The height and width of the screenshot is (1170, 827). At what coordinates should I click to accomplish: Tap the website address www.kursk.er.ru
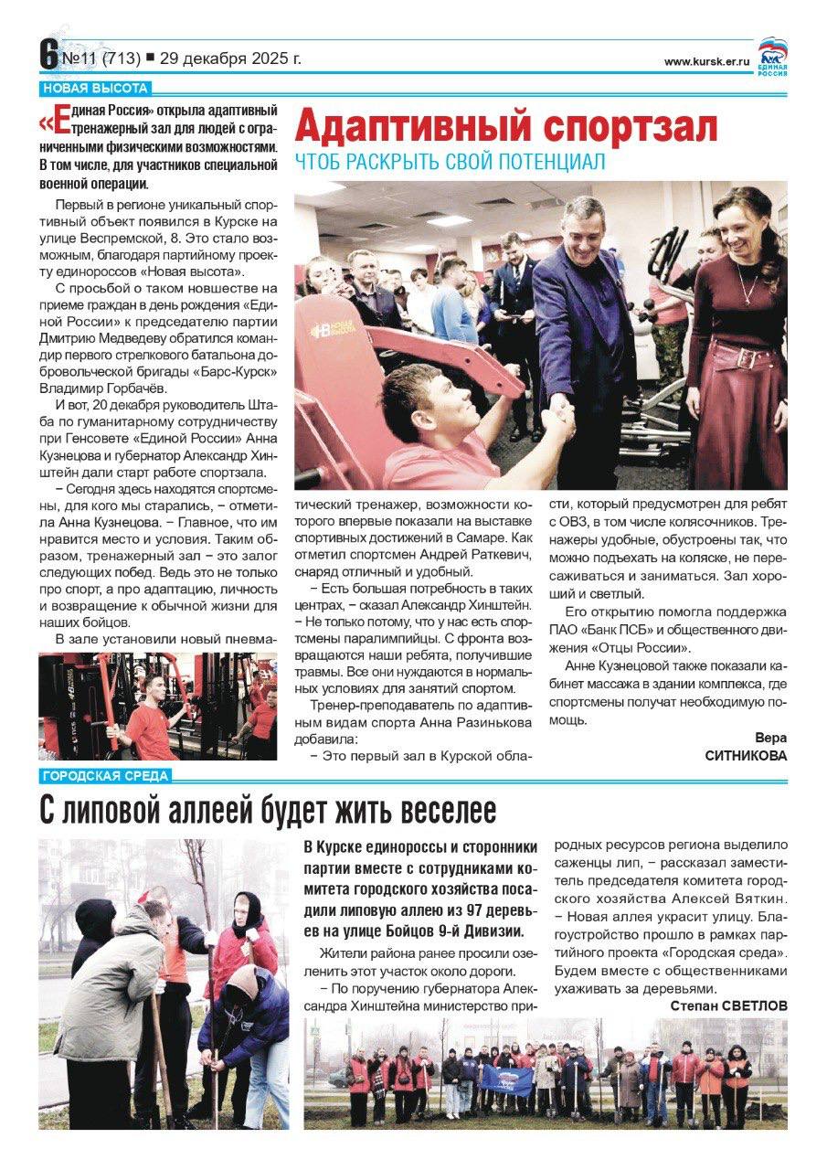pyautogui.click(x=705, y=61)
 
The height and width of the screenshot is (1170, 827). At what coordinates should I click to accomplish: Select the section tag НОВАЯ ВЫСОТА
pyautogui.click(x=95, y=89)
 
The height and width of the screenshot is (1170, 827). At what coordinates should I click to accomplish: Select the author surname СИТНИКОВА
pyautogui.click(x=746, y=756)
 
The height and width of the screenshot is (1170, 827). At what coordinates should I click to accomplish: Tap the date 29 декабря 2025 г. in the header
pyautogui.click(x=229, y=58)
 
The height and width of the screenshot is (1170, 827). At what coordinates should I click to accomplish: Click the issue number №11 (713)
pyautogui.click(x=101, y=58)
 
